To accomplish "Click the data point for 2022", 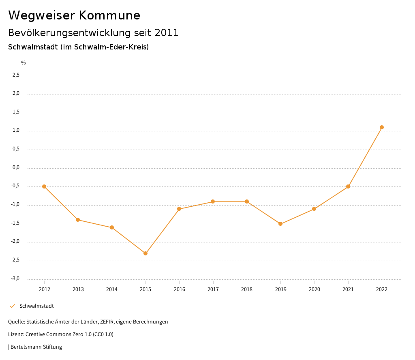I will (x=382, y=127).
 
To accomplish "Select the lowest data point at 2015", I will (x=145, y=253).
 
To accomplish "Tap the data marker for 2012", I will (x=44, y=186).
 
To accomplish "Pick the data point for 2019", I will (x=280, y=224).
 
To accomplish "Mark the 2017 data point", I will (x=213, y=201).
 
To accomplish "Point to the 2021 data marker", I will (x=348, y=186).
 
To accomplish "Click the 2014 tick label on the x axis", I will (x=112, y=289).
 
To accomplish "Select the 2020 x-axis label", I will (x=314, y=289).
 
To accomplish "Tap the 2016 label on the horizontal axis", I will (x=180, y=289).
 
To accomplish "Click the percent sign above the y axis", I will (x=24, y=63).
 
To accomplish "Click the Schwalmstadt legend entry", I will (x=36, y=306).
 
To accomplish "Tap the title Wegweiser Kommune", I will (x=74, y=15).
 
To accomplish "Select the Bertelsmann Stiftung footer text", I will (x=36, y=347).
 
